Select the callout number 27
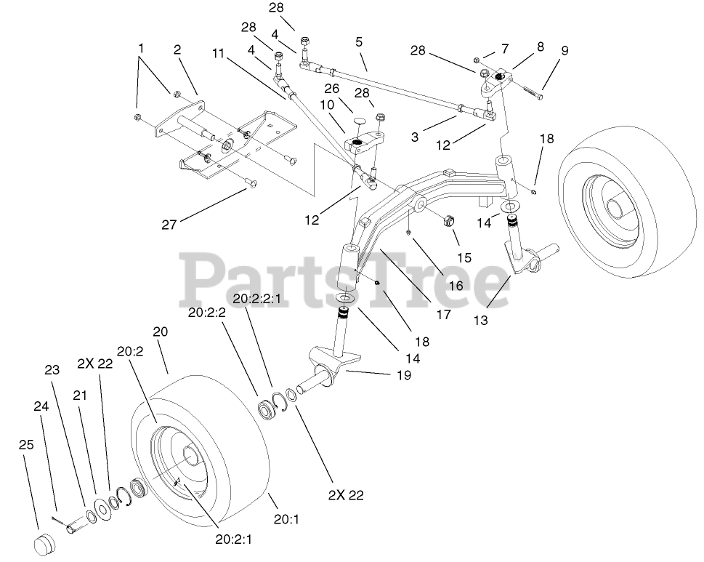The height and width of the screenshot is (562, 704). (x=169, y=224)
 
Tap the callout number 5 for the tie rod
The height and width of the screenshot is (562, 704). (x=359, y=42)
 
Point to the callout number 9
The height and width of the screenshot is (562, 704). (x=565, y=51)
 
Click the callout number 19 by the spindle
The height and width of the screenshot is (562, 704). (x=403, y=375)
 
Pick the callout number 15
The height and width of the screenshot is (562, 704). (x=464, y=257)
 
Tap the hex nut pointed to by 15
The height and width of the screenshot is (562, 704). (x=449, y=220)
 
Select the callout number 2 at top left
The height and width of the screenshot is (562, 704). (x=180, y=49)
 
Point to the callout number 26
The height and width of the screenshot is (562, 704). (x=331, y=88)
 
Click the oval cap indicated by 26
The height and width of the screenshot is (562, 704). (x=357, y=121)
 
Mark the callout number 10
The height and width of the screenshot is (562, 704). (x=325, y=105)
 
